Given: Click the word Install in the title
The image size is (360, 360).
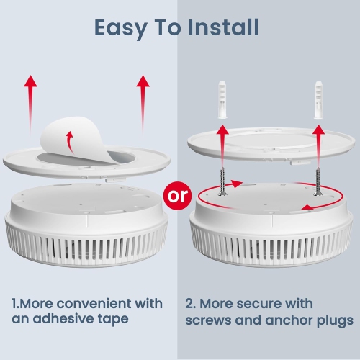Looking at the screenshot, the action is pyautogui.click(x=223, y=27).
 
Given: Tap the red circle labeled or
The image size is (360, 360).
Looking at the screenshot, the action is pyautogui.click(x=178, y=196).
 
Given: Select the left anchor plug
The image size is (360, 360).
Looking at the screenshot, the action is pyautogui.click(x=222, y=99).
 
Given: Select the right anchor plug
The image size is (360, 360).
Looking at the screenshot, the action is pyautogui.click(x=318, y=99).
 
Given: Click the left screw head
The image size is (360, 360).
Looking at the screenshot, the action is pyautogui.click(x=222, y=193).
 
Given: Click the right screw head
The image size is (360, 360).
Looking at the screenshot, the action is pyautogui.click(x=318, y=194).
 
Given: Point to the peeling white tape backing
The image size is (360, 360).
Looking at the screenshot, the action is pyautogui.click(x=77, y=139).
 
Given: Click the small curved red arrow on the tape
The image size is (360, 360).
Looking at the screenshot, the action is pyautogui.click(x=70, y=142).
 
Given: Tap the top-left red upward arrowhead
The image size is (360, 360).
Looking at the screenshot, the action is pyautogui.click(x=30, y=81).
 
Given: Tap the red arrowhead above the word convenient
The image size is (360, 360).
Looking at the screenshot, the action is pyautogui.click(x=143, y=81).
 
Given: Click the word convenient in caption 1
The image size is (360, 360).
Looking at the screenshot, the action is pyautogui.click(x=94, y=303).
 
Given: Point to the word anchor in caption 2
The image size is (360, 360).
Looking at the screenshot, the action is pyautogui.click(x=289, y=320).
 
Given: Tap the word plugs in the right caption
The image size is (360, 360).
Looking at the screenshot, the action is pyautogui.click(x=336, y=320).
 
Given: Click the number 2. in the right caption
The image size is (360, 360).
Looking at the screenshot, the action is pyautogui.click(x=191, y=304).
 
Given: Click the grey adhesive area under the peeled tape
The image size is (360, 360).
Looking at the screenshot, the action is pyautogui.click(x=120, y=158).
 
